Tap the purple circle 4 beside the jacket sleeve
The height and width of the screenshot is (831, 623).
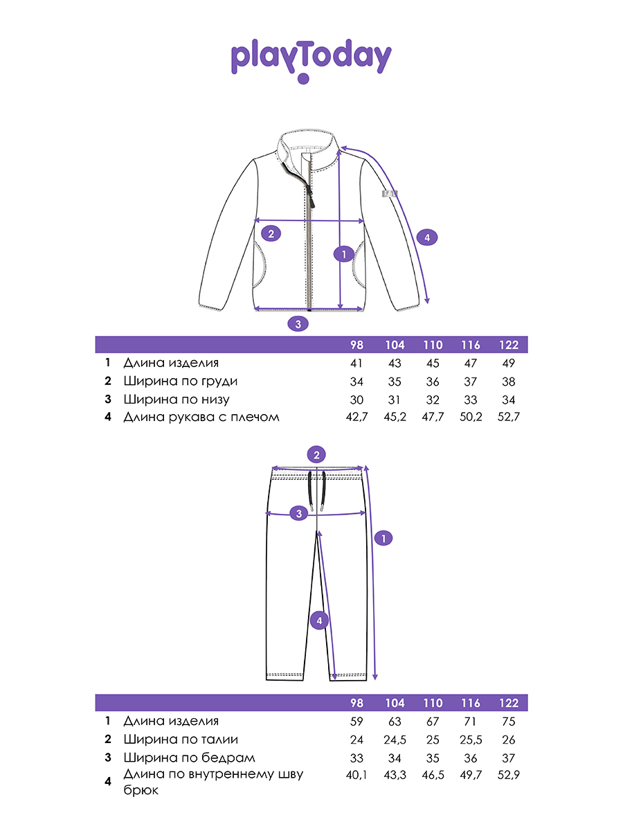427,238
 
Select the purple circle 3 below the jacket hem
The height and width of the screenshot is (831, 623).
298,323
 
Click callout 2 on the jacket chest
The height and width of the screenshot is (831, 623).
271,233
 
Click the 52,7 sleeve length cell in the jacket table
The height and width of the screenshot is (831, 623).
509,417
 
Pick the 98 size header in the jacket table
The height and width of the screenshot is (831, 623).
356,345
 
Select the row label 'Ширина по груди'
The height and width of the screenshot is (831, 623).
181,381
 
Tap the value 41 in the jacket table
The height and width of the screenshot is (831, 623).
356,363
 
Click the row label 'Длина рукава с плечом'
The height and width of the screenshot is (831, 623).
201,417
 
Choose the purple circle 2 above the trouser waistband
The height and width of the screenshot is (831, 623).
316,455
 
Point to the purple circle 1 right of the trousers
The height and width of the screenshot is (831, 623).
383,537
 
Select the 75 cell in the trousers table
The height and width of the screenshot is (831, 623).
509,722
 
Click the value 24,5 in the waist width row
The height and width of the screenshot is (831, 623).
395,740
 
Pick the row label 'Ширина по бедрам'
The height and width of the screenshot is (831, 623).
189,758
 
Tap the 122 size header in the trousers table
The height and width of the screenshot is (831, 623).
509,704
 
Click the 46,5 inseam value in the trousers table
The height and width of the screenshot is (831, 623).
433,776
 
